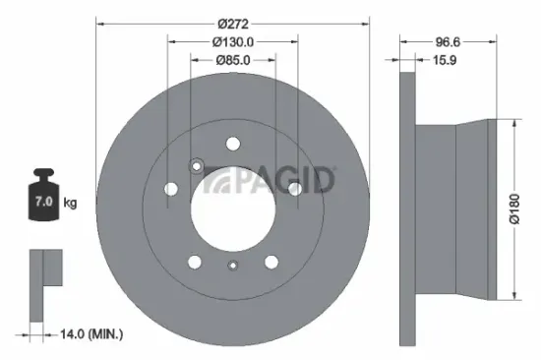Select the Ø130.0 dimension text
pyautogui.click(x=233, y=41)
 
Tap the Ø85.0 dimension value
pyautogui.click(x=233, y=60)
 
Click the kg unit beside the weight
pyautogui.click(x=70, y=203)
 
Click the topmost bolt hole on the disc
pyautogui.click(x=233, y=142)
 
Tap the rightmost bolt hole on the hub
pyautogui.click(x=294, y=188)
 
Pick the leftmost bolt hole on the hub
pyautogui.click(x=172, y=188)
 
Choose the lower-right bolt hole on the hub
pyautogui.click(x=271, y=262)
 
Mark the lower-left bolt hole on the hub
pyautogui.click(x=195, y=262)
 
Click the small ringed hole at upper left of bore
pyautogui.click(x=195, y=165)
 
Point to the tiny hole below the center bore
pyautogui.click(x=233, y=265)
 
